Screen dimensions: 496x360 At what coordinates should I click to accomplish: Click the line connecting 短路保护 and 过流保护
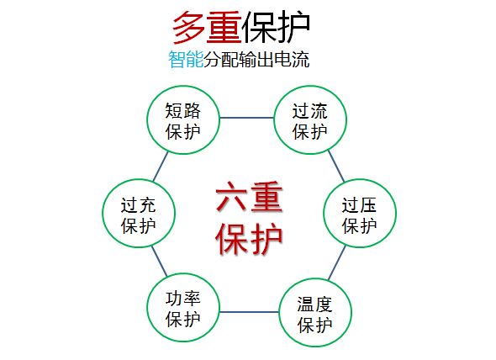coord(246,118)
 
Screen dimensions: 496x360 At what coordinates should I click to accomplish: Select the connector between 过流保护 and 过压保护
coord(336,166)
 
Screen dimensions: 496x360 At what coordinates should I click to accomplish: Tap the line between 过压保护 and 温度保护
coord(337,263)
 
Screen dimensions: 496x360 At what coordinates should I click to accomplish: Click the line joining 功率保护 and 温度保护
coord(250,312)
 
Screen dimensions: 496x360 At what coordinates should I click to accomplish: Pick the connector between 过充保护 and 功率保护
coord(159,262)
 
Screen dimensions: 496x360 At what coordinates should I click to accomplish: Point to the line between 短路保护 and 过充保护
coord(161,167)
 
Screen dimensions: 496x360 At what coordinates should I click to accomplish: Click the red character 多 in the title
coord(188,28)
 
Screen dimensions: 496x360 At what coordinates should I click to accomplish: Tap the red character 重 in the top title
coord(224,28)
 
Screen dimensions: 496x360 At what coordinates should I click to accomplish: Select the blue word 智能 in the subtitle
coord(185,59)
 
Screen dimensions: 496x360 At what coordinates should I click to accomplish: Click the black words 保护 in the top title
coord(276,28)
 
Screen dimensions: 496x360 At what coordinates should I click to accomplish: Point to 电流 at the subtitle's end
coord(292,59)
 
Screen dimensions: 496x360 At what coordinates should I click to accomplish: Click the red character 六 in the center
coord(231,196)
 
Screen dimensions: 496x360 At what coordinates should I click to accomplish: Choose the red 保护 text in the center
coord(249,238)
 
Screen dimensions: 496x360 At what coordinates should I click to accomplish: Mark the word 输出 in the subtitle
coord(256,59)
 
